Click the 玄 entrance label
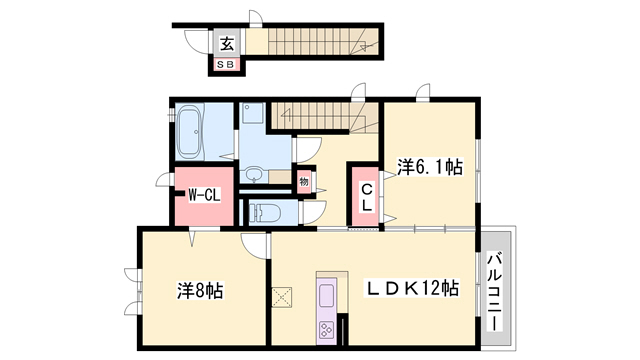(226, 43)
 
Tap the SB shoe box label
(226, 65)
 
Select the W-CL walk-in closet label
(204, 195)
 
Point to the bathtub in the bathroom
(190, 134)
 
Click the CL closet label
(366, 197)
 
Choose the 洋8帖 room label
(201, 291)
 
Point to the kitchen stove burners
(327, 328)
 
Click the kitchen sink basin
(328, 295)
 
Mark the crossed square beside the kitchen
(282, 297)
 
